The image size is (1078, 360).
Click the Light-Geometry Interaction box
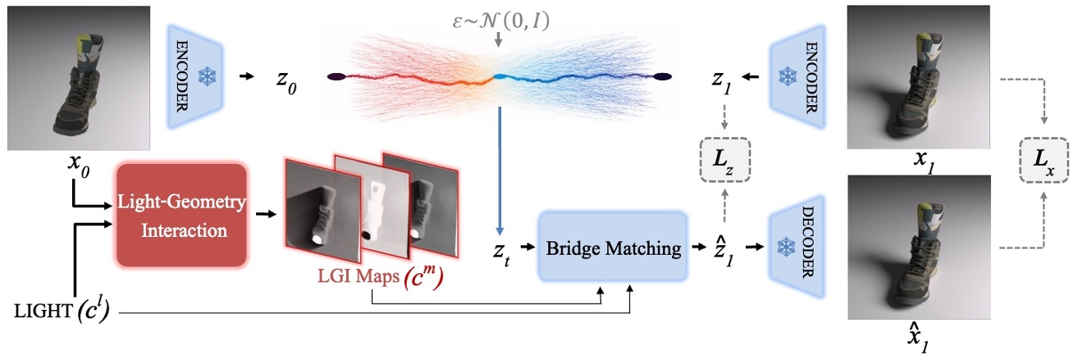coord(182,215)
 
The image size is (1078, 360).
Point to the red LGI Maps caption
coord(368,281)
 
